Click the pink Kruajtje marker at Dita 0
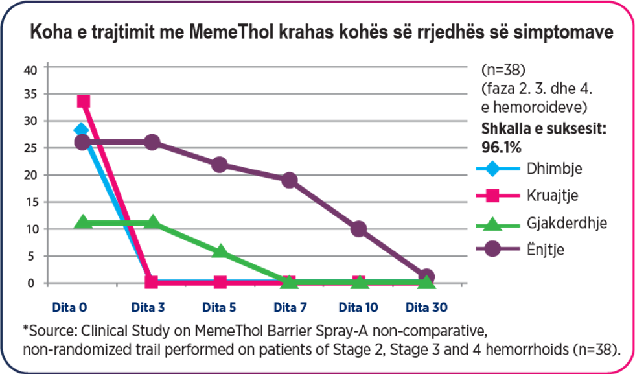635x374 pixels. [x=83, y=102]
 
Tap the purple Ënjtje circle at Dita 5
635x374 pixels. [x=220, y=165]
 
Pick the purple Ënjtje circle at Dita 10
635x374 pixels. [x=358, y=229]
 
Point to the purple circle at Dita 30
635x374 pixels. [x=426, y=276]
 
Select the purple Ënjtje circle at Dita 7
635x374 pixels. [x=289, y=180]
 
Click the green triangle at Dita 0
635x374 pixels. [x=83, y=222]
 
